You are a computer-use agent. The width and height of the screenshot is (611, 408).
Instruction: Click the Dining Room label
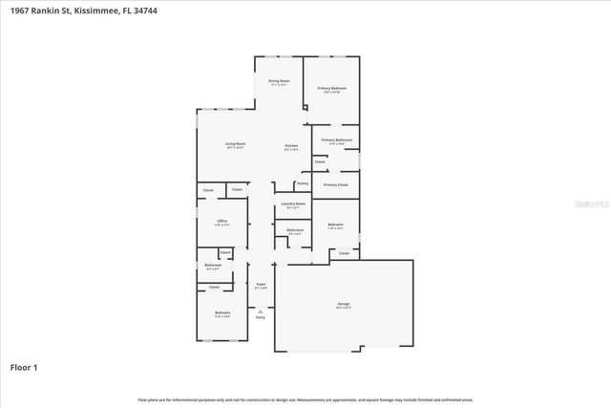click(x=279, y=81)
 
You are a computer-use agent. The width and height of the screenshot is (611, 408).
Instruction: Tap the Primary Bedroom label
click(x=332, y=88)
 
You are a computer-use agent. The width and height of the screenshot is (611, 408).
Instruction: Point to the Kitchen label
click(x=291, y=145)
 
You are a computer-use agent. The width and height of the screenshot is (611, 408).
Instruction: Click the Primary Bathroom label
click(x=337, y=140)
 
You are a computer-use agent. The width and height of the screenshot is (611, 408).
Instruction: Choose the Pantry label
click(x=302, y=183)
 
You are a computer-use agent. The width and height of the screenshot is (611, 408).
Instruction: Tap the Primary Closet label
click(x=336, y=184)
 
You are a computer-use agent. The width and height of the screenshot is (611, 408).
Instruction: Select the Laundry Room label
click(x=294, y=204)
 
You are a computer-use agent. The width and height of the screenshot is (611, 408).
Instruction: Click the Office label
click(x=221, y=222)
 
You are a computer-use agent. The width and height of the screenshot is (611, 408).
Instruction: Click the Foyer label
click(x=261, y=284)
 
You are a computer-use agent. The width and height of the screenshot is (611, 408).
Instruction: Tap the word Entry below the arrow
click(x=261, y=316)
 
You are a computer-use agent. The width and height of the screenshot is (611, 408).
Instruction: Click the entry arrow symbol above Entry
click(x=261, y=309)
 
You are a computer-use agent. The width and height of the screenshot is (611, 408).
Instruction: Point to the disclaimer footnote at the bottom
click(x=305, y=399)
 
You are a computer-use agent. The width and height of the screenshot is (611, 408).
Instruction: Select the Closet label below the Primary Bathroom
click(x=320, y=161)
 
